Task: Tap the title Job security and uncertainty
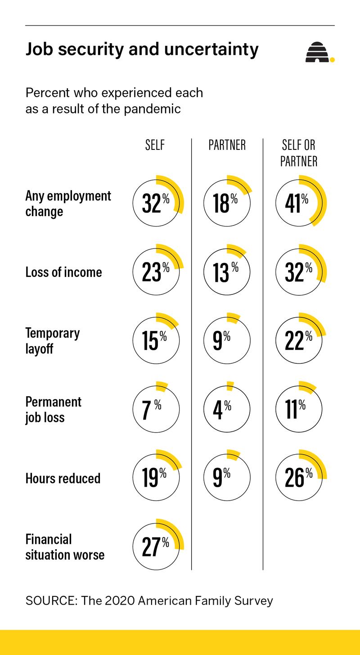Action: point(142,50)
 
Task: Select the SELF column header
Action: point(155,145)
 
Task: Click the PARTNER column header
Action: point(227,145)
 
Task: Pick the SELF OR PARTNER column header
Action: point(299,153)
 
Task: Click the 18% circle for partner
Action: point(227,203)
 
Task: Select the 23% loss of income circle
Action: point(156,272)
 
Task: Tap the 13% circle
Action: point(227,272)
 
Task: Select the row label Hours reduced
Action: point(63,478)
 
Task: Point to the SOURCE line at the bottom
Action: point(149,601)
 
